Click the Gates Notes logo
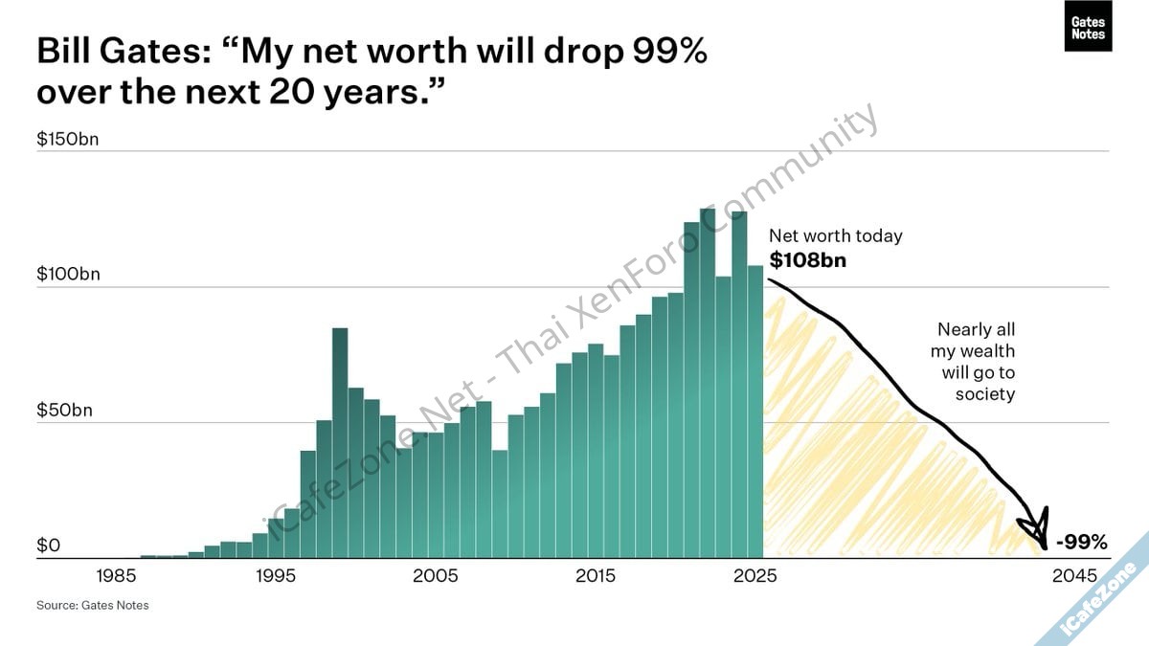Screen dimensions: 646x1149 pos(1088,28)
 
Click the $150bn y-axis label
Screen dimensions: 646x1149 pos(67,139)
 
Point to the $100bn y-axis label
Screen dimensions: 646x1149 pos(67,274)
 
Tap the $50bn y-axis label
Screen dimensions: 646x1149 pos(64,411)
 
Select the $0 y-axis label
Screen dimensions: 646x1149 pos(49,546)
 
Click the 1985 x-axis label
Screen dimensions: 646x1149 pos(116,576)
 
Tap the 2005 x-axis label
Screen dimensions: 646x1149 pos(436,576)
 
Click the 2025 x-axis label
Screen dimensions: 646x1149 pos(755,576)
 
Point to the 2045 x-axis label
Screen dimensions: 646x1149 pos(1073,576)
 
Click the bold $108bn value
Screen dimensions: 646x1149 pos(807,259)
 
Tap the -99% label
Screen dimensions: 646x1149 pos(1081,543)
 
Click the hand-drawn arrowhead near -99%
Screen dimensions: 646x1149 pos(1036,530)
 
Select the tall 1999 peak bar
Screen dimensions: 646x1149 pos(340,440)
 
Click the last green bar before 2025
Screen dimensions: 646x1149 pos(755,412)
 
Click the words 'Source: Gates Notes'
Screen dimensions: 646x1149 pos(93,605)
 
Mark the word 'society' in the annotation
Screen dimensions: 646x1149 pos(984,393)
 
